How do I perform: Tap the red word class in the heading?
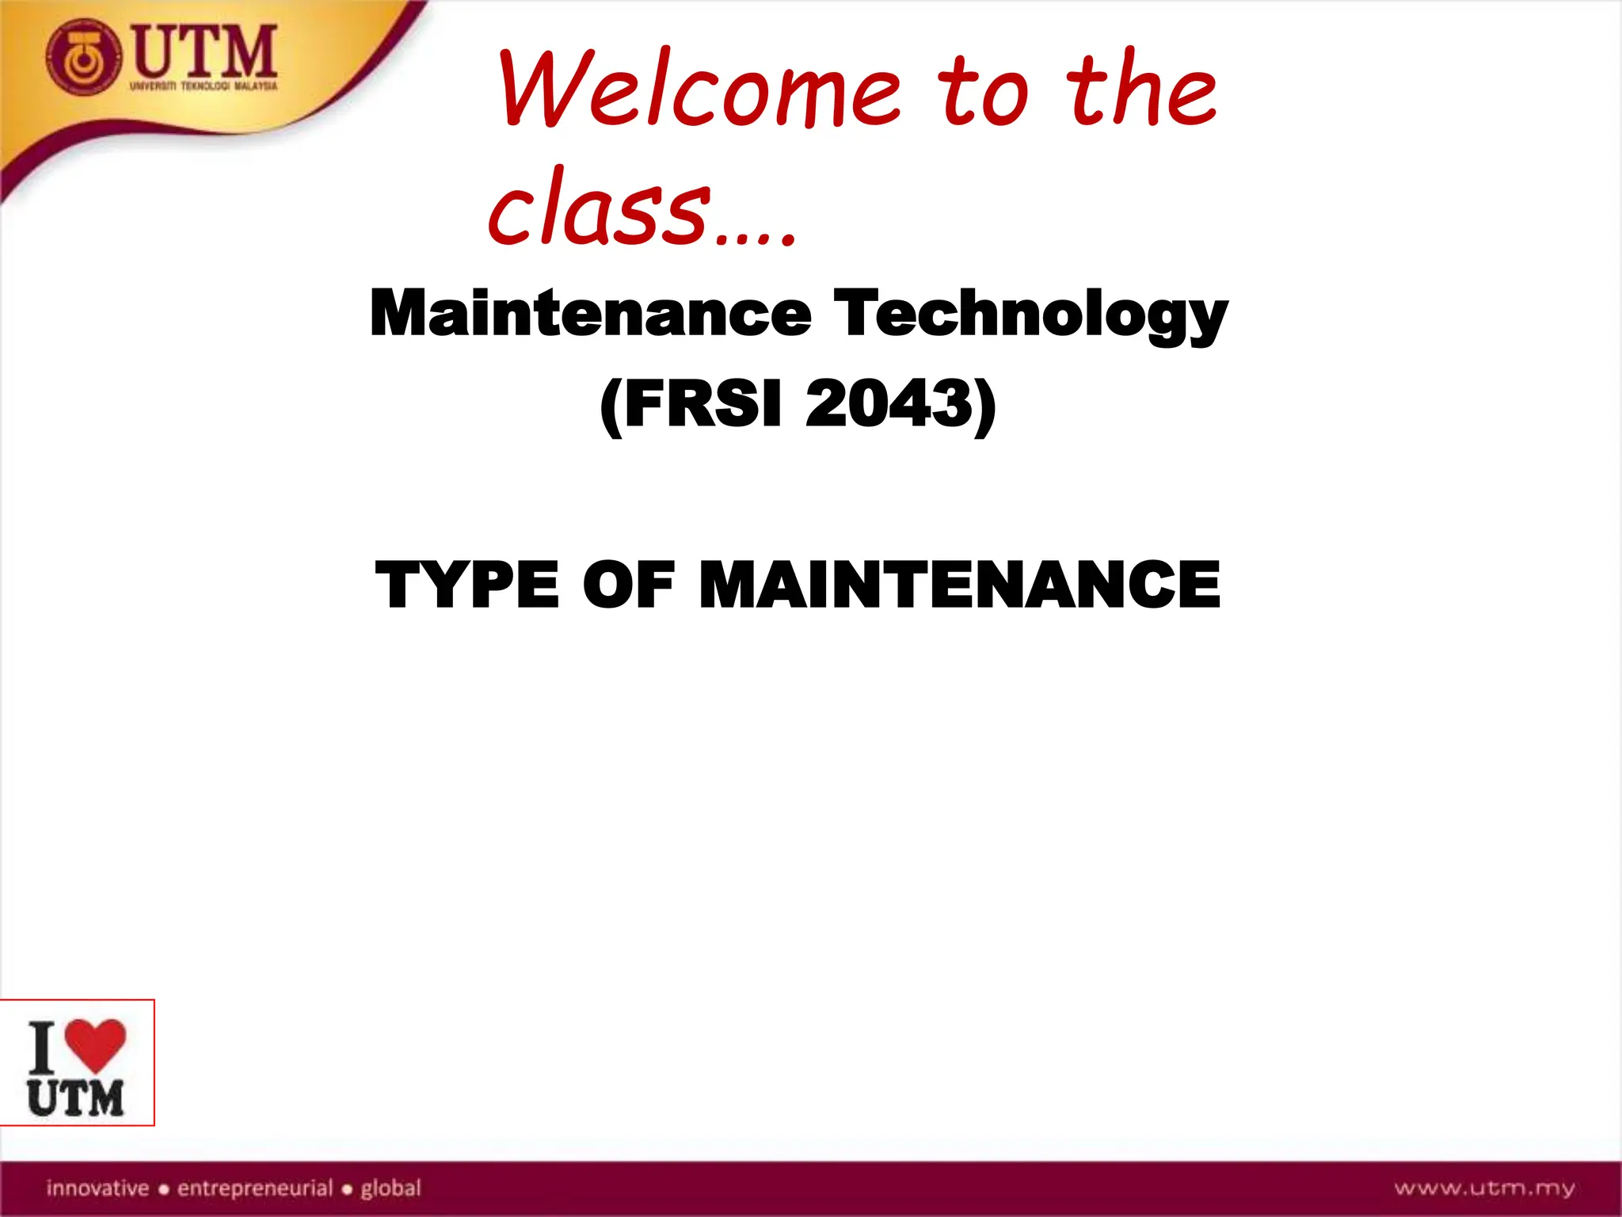(x=600, y=208)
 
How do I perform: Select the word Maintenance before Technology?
(x=590, y=313)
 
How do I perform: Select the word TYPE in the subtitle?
(x=467, y=585)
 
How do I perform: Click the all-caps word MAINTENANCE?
(x=959, y=585)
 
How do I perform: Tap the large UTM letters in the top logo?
(x=205, y=51)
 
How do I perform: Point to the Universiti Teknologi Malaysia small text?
(x=204, y=86)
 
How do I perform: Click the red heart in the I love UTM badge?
(x=95, y=1043)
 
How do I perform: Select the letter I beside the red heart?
(x=43, y=1047)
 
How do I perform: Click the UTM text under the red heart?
(x=76, y=1098)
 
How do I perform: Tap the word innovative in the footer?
(x=97, y=1188)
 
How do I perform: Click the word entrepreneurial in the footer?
(x=255, y=1188)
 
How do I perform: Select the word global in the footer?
(x=391, y=1188)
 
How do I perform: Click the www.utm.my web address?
(x=1484, y=1188)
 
